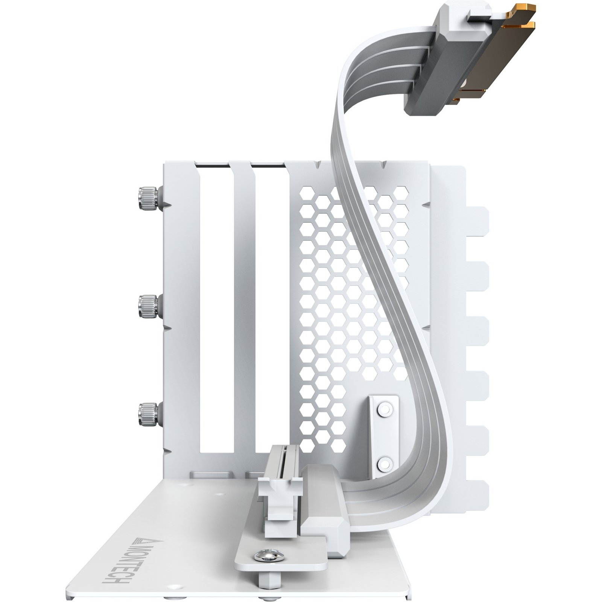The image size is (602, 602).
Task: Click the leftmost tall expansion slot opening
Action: [x=216, y=309]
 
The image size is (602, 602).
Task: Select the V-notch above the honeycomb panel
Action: [x=318, y=165]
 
